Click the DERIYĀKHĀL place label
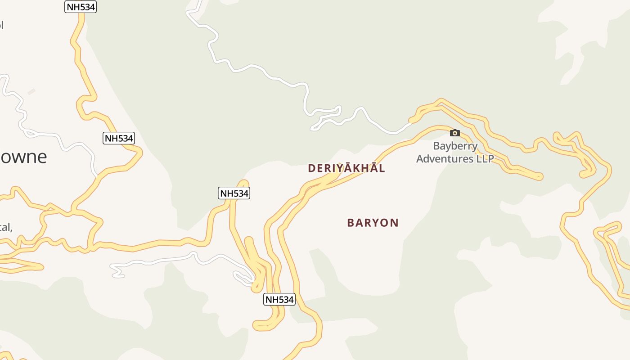346,168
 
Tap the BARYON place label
373,223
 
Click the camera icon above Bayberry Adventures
455,133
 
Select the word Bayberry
455,146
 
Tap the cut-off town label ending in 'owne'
22,157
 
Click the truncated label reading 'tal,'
6,227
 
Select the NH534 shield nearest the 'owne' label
119,138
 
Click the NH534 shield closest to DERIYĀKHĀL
234,193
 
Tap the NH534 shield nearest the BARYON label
279,299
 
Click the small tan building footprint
31,92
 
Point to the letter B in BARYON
351,223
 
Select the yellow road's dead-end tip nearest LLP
540,177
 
